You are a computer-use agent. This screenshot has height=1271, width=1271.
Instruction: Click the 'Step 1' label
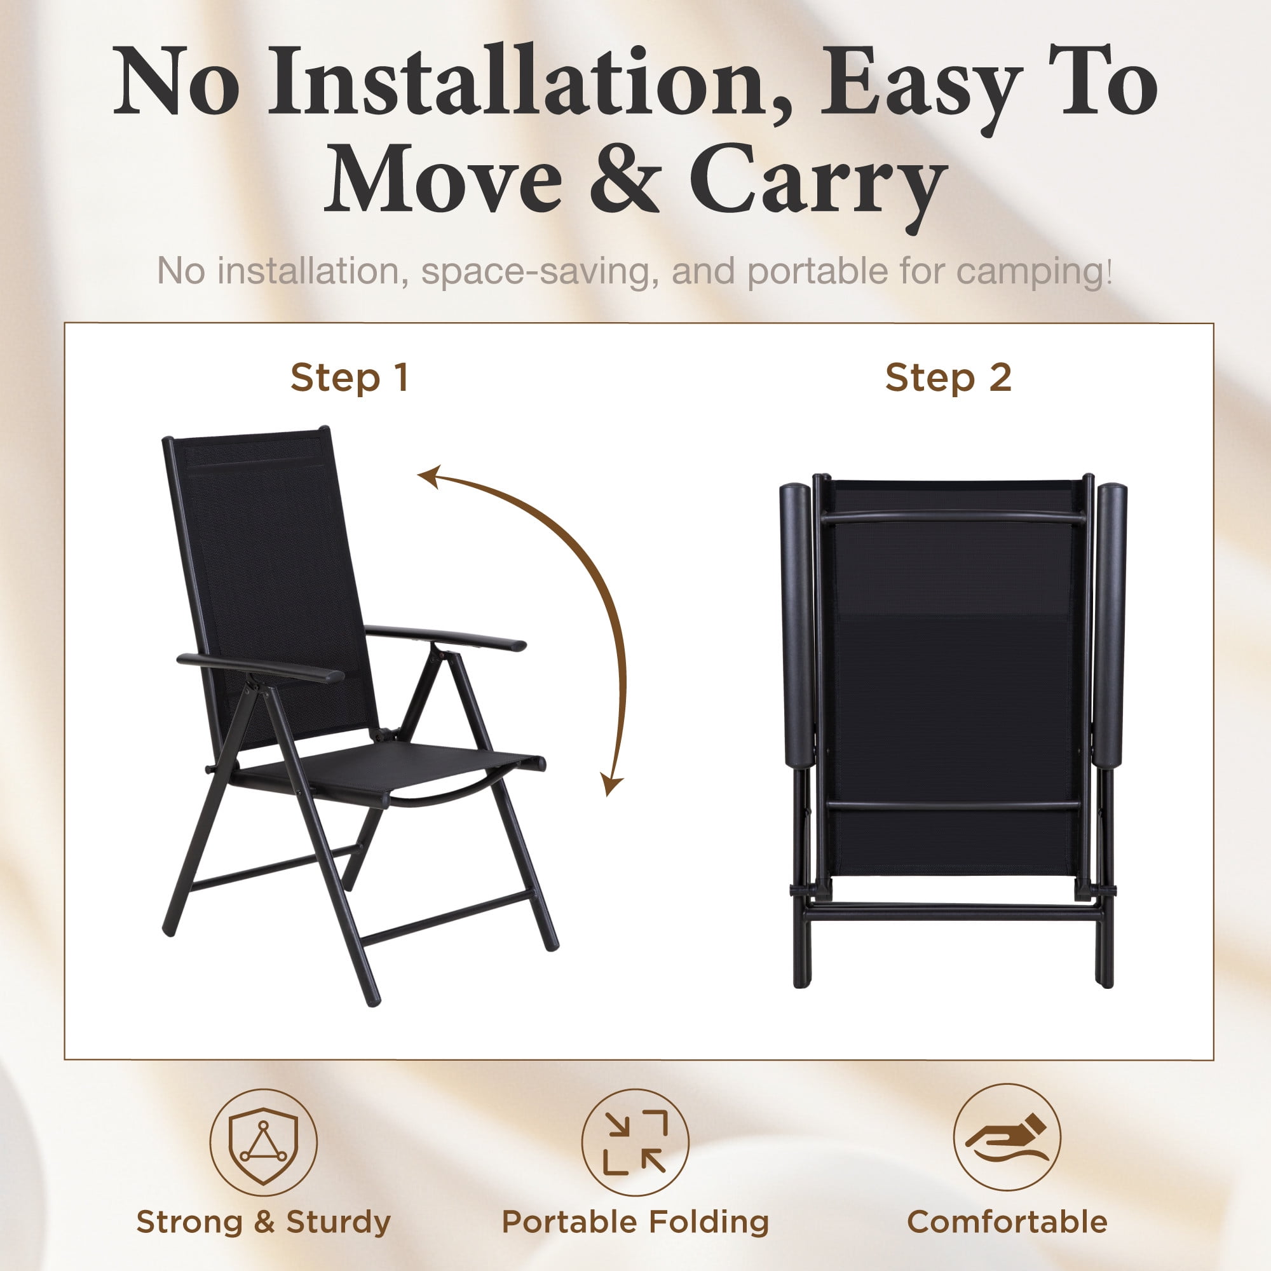click(x=350, y=378)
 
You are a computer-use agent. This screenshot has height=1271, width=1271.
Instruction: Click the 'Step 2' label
click(x=948, y=378)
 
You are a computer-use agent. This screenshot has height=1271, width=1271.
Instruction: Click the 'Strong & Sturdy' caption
click(x=263, y=1222)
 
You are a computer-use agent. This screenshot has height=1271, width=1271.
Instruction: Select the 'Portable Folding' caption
click(x=635, y=1222)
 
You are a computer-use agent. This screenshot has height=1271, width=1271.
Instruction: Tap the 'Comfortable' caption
click(x=1007, y=1222)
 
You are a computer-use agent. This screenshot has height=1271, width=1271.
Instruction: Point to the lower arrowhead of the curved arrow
click(x=611, y=784)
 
